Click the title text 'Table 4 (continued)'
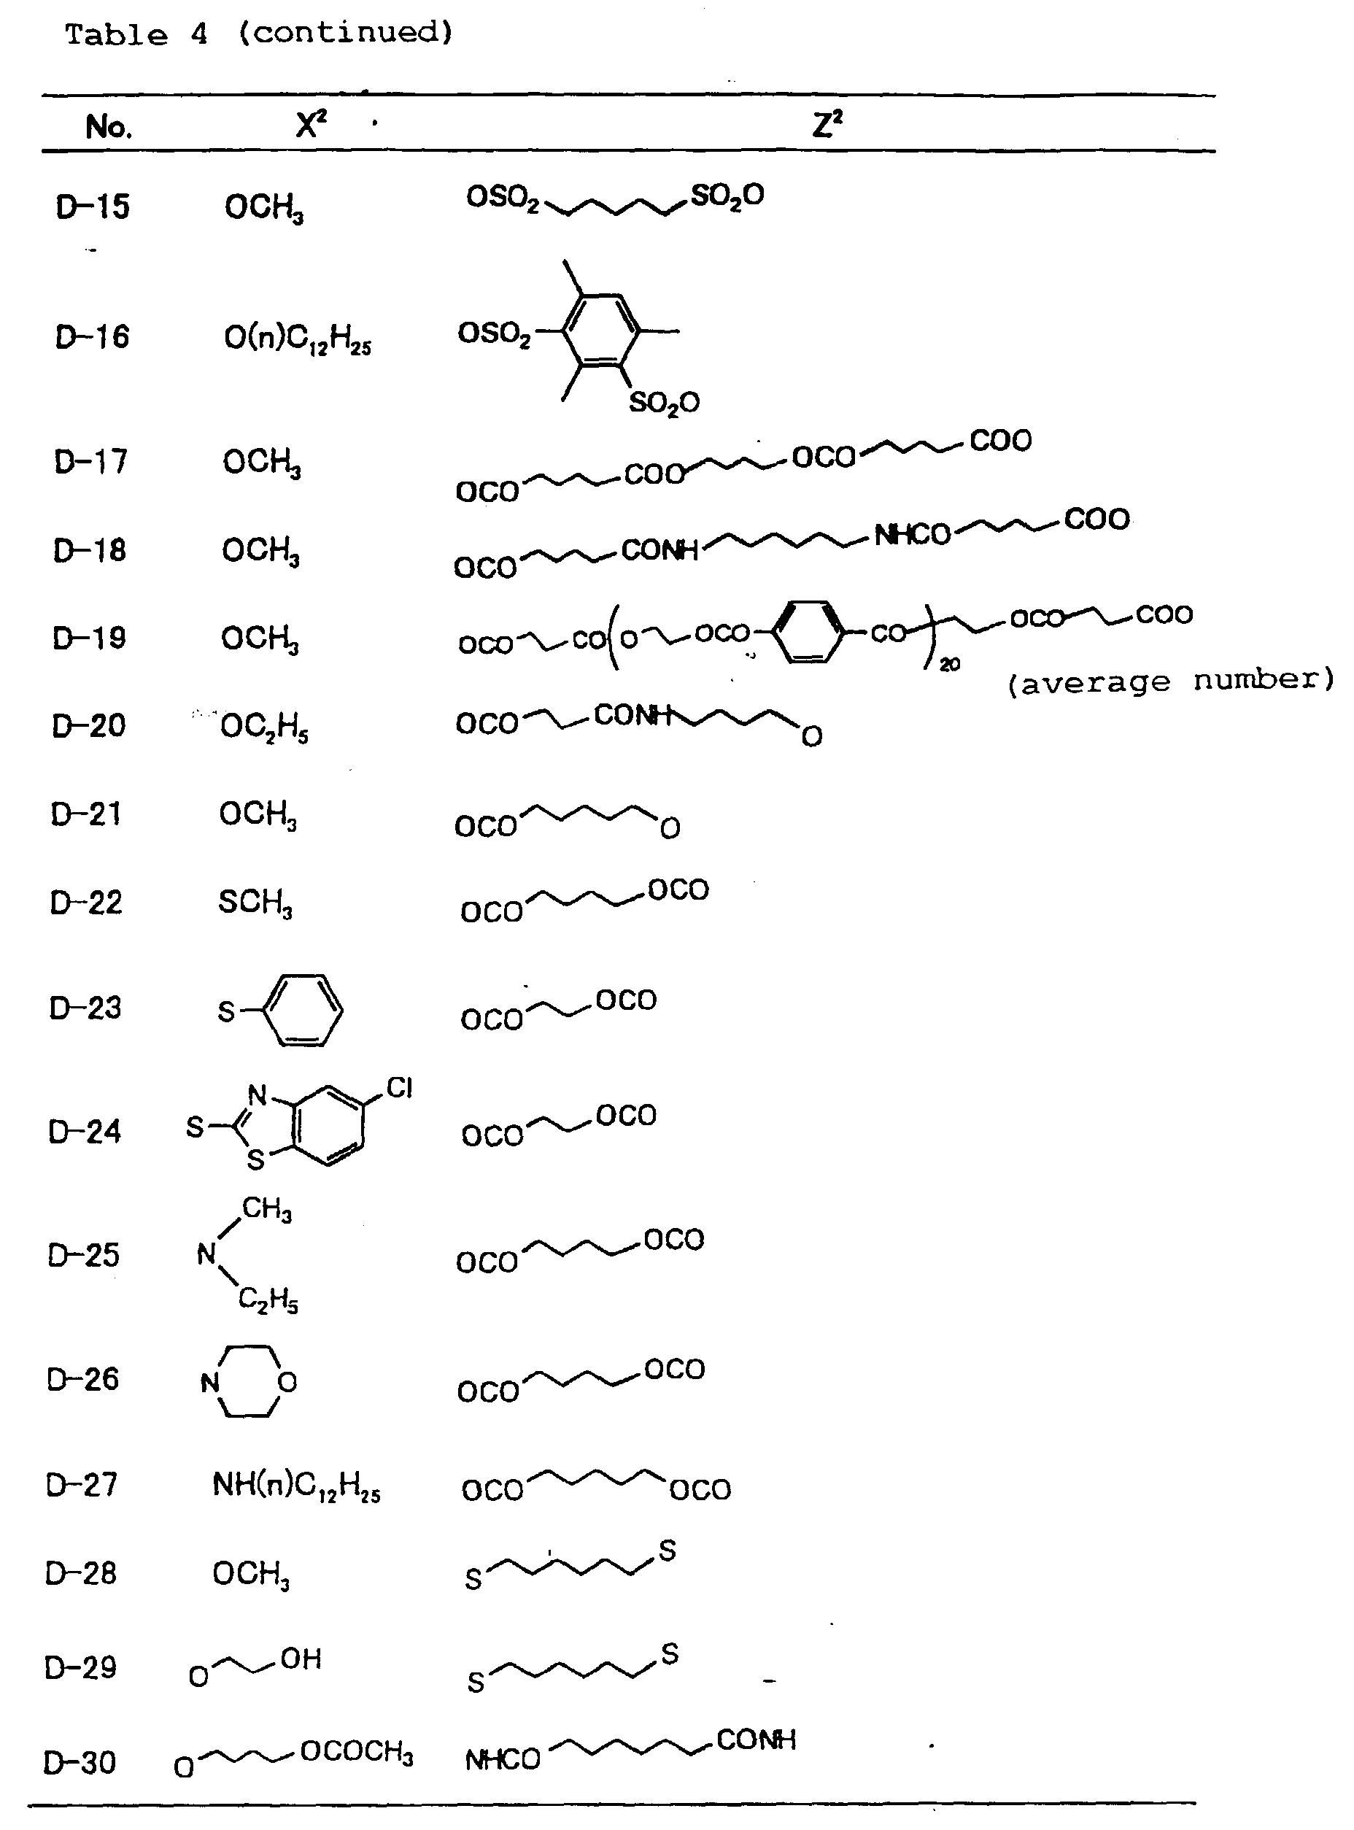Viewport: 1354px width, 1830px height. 258,34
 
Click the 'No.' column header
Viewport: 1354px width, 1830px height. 108,127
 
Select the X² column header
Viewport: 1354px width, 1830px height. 311,126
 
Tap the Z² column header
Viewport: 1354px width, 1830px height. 827,126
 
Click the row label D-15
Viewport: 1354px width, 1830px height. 93,206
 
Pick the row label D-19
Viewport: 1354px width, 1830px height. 89,638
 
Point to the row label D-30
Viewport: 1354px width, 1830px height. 80,1762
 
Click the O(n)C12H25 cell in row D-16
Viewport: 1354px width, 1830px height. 297,339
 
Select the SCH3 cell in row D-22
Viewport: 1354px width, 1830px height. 255,903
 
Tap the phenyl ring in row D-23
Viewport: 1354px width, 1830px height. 303,1010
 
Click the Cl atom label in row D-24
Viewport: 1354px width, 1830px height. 399,1087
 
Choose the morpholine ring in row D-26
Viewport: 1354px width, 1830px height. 248,1382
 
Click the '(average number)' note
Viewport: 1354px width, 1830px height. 1170,680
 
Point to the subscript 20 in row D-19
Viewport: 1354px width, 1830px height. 949,665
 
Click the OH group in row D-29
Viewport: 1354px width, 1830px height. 301,1659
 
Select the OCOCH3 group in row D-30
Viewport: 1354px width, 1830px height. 357,1751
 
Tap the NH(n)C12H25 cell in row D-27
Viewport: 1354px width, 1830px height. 296,1485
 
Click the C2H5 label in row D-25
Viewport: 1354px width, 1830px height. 268,1299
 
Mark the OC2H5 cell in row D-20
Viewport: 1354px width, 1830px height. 264,727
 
